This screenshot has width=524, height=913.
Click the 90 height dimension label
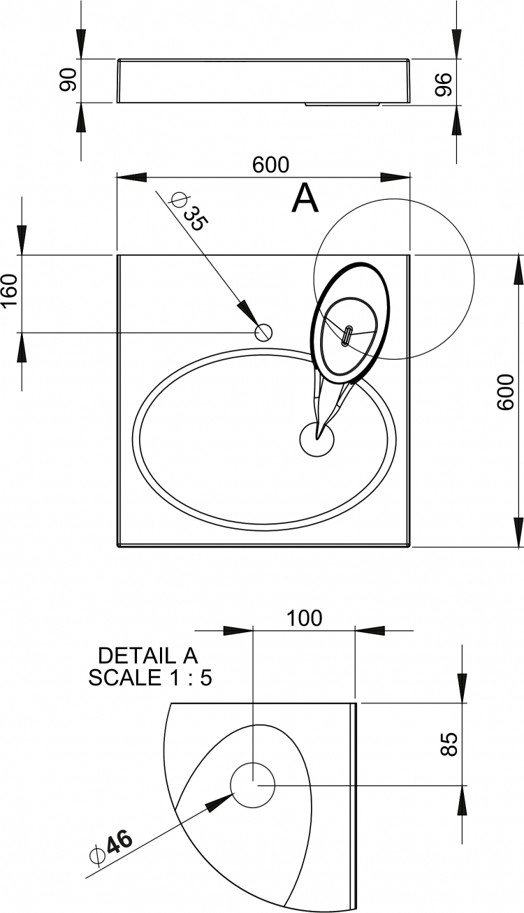click(x=68, y=80)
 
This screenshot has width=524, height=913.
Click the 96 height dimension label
click(x=443, y=85)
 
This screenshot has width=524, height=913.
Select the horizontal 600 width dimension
click(x=270, y=165)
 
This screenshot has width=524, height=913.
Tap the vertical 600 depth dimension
click(x=506, y=392)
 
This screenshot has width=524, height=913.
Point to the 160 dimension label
click(x=10, y=291)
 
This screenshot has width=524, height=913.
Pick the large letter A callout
click(x=305, y=198)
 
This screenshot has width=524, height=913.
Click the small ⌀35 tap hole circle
click(x=263, y=333)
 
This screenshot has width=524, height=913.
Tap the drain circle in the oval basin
click(x=317, y=439)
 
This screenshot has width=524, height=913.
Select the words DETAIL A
click(x=147, y=656)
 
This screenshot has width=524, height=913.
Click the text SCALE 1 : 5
click(x=150, y=678)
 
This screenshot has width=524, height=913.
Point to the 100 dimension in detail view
click(x=304, y=618)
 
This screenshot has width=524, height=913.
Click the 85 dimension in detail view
click(x=449, y=744)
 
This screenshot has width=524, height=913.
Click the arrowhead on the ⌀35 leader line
click(x=248, y=312)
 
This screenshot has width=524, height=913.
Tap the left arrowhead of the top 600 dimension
click(x=131, y=177)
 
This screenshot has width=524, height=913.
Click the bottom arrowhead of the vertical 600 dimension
click(x=518, y=532)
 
